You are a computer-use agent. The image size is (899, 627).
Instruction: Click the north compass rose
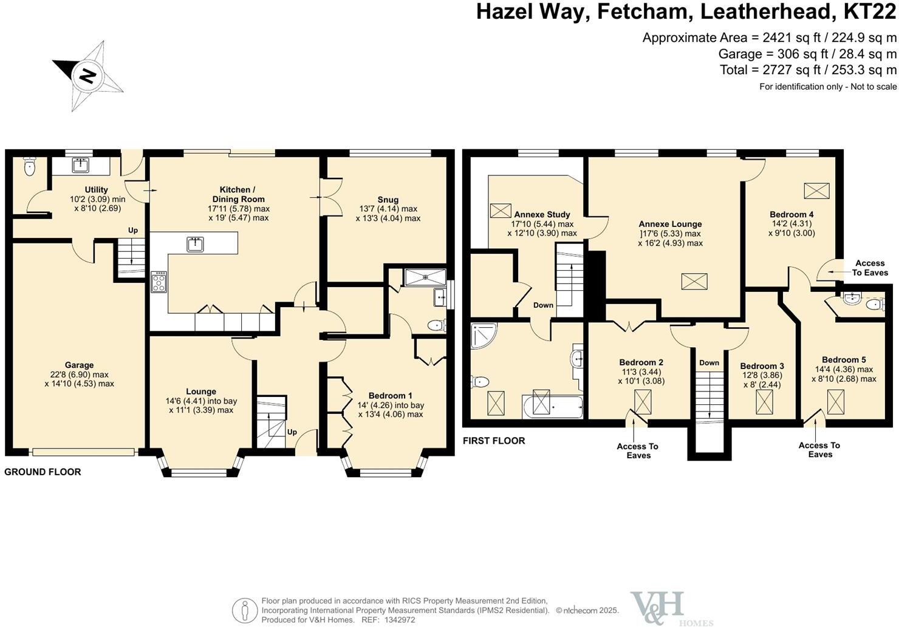click(x=89, y=75)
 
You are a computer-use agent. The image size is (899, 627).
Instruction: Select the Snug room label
click(x=388, y=200)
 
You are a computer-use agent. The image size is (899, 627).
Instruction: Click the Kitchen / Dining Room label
click(x=238, y=194)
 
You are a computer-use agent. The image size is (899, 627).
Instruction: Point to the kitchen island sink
click(x=196, y=244)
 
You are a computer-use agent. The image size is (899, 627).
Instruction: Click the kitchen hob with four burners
click(x=159, y=282)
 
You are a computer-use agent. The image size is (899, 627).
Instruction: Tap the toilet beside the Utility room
click(x=30, y=167)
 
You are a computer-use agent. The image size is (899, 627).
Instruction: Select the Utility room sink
click(x=80, y=165)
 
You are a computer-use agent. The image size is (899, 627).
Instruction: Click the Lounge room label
click(x=200, y=391)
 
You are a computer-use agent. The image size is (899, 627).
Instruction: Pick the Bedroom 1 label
click(x=389, y=396)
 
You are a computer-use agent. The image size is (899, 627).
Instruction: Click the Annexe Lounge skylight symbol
click(x=694, y=282)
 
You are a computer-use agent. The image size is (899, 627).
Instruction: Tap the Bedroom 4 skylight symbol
click(x=816, y=191)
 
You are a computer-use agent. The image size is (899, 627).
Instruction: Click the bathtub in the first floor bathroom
click(x=551, y=405)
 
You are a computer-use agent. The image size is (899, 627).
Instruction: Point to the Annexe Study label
click(x=542, y=214)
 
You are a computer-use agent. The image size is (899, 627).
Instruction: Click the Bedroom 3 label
click(x=762, y=366)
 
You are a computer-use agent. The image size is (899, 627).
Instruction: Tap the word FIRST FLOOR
click(x=494, y=441)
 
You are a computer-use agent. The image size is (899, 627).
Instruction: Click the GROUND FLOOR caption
click(x=43, y=472)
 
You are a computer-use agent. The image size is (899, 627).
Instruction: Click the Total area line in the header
click(x=808, y=70)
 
